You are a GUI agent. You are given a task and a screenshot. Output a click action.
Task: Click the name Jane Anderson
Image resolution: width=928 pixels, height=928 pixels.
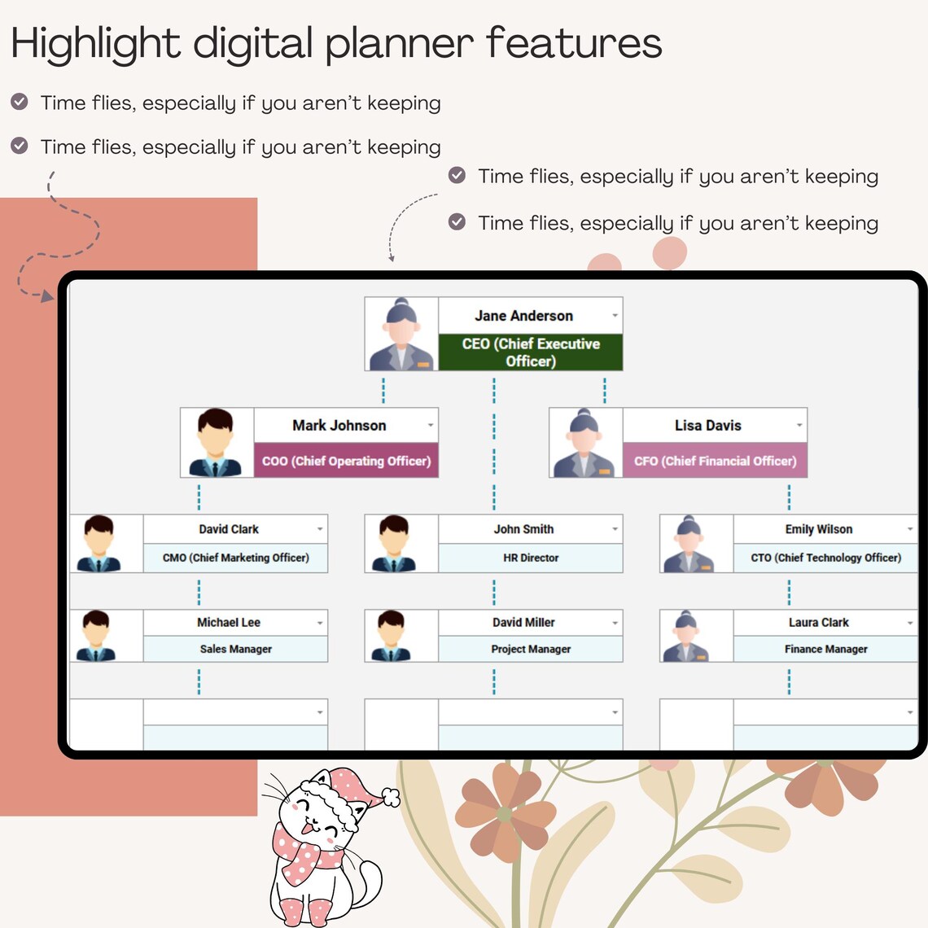pyautogui.click(x=523, y=316)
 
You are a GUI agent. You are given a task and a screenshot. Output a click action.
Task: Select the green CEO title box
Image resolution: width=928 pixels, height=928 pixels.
pyautogui.click(x=531, y=352)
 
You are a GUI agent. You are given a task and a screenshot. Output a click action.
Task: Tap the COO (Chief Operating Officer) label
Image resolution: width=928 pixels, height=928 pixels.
pyautogui.click(x=346, y=461)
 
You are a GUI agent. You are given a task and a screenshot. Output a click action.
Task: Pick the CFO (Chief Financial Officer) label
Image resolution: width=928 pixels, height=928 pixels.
pyautogui.click(x=715, y=461)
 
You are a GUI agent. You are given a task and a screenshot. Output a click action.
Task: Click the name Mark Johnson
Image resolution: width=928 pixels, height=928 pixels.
pyautogui.click(x=339, y=426)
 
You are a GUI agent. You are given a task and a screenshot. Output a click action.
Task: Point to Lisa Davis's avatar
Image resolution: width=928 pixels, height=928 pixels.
pyautogui.click(x=585, y=443)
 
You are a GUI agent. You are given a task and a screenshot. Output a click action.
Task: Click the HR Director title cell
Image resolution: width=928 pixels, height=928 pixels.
pyautogui.click(x=531, y=558)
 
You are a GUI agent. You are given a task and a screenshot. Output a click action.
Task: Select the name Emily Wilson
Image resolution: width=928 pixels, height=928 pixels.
pyautogui.click(x=818, y=529)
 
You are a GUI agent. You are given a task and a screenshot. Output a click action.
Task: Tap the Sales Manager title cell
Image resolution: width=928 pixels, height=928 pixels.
pyautogui.click(x=235, y=649)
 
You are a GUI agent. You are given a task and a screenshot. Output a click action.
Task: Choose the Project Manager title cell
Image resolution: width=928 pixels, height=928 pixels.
pyautogui.click(x=531, y=649)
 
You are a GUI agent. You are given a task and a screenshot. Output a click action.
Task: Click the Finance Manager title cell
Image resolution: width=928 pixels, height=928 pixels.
pyautogui.click(x=825, y=649)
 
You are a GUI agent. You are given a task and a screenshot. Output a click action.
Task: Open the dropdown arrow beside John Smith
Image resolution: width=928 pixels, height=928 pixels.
pyautogui.click(x=615, y=529)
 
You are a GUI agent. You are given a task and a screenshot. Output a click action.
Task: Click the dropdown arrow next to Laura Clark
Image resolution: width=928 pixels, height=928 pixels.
pyautogui.click(x=910, y=623)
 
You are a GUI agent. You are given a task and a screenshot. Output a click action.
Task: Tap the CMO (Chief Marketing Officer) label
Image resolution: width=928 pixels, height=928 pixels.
pyautogui.click(x=235, y=558)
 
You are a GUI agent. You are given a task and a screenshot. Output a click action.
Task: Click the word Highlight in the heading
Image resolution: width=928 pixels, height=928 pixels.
pyautogui.click(x=96, y=43)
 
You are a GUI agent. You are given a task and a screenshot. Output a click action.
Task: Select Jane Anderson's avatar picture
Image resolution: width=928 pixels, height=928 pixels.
pyautogui.click(x=401, y=335)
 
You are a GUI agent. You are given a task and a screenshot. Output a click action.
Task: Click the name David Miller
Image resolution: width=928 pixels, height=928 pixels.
pyautogui.click(x=523, y=623)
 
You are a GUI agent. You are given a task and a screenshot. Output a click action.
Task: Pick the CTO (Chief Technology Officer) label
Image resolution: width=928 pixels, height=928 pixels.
pyautogui.click(x=825, y=558)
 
